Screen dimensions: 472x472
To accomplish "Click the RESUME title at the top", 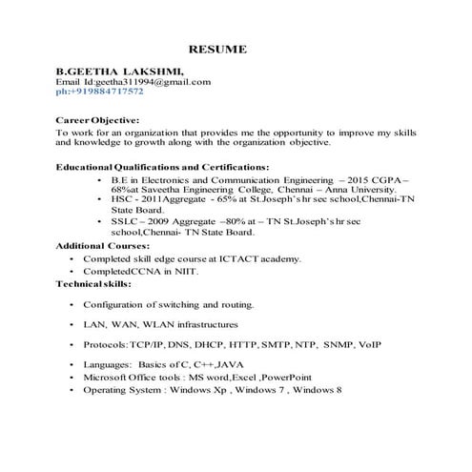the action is pos(217,49).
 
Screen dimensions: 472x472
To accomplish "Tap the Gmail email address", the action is pos(158,83).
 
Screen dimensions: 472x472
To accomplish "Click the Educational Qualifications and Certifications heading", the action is pos(162,167).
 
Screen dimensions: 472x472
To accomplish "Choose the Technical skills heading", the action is pos(93,284).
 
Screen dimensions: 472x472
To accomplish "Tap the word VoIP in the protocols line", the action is pos(368,342).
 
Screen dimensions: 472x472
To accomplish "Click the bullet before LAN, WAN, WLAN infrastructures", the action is pos(72,324).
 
